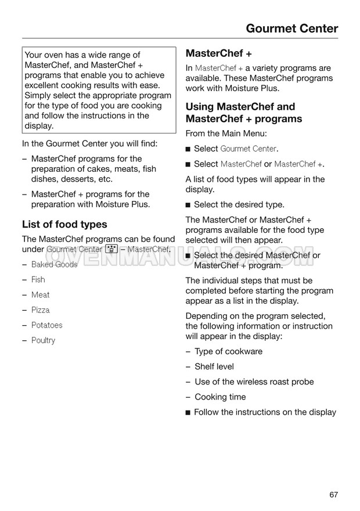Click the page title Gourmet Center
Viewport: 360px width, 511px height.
point(292,28)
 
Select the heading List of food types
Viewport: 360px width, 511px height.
point(64,224)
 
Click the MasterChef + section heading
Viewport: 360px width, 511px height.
point(218,53)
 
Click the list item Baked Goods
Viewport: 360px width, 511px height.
point(54,264)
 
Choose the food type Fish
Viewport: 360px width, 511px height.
point(38,279)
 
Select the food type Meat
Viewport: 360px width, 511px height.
point(40,294)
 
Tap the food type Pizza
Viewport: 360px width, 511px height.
point(40,310)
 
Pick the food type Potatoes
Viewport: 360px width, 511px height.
point(46,325)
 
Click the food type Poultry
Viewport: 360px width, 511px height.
point(43,340)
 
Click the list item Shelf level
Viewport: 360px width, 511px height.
point(214,366)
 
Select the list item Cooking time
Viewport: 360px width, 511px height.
point(220,397)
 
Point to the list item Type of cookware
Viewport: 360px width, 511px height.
point(228,351)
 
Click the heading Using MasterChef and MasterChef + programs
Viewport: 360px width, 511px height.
point(244,113)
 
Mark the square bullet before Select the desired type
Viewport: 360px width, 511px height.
point(188,205)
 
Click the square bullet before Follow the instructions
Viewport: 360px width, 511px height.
point(188,412)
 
